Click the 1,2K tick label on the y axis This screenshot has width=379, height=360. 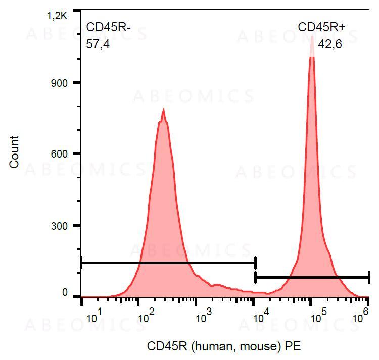pyautogui.click(x=57, y=16)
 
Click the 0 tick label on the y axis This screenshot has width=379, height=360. pyautogui.click(x=65, y=293)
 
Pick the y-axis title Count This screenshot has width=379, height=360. pyautogui.click(x=14, y=152)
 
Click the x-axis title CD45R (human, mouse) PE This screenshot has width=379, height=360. pyautogui.click(x=223, y=346)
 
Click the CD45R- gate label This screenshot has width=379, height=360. pyautogui.click(x=109, y=27)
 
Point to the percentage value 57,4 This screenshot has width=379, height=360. pyautogui.click(x=98, y=44)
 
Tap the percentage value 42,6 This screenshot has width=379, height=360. pyautogui.click(x=330, y=44)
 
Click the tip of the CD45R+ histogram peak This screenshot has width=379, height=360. pyautogui.click(x=312, y=36)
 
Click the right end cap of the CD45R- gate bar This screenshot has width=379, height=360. pyautogui.click(x=256, y=263)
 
